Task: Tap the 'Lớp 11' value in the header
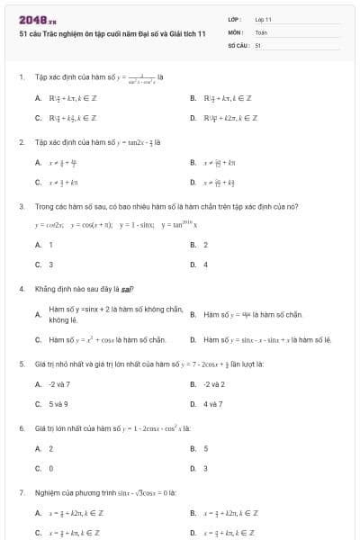[x=263, y=19]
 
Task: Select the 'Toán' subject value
[x=261, y=31]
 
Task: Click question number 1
[x=21, y=77]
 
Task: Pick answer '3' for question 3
[x=50, y=265]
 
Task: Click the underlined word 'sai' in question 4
[x=126, y=289]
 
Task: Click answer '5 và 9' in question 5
[x=58, y=404]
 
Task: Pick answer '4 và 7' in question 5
[x=213, y=404]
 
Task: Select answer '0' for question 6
[x=50, y=468]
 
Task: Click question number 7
[x=21, y=492]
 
